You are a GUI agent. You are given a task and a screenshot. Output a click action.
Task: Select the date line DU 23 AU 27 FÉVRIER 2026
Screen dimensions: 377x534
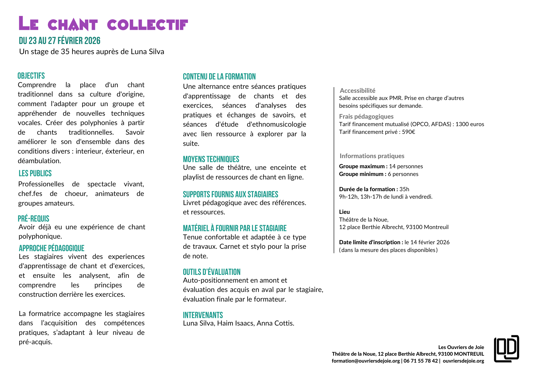coord(60,41)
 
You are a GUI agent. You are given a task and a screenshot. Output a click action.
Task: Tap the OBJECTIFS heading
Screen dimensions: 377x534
coord(31,76)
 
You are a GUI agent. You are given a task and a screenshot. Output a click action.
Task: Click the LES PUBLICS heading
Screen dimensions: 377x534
coord(35,174)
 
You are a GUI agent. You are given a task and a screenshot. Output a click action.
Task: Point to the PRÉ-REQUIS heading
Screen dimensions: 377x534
coord(33,219)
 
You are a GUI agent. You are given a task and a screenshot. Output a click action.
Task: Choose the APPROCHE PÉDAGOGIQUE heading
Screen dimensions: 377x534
coord(52,248)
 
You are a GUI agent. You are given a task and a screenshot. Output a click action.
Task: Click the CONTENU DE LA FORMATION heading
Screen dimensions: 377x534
coord(219,77)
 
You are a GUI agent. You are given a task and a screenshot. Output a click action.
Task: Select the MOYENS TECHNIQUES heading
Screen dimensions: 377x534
coord(211,159)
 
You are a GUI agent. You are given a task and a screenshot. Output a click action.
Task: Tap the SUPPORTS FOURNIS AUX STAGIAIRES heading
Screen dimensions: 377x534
coord(230,194)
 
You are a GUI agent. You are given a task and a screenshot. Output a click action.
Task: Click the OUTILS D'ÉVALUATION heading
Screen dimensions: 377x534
coord(211,272)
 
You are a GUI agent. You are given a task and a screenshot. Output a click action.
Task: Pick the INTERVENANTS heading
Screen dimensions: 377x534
coord(203,315)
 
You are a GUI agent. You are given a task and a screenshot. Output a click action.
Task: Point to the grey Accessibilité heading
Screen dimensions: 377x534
coord(358,91)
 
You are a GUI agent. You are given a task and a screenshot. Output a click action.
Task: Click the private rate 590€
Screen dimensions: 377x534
coord(408,132)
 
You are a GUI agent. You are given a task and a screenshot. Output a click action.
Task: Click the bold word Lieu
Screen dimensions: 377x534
coord(344,212)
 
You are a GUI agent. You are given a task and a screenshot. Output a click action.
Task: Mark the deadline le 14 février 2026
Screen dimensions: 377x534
coord(427,242)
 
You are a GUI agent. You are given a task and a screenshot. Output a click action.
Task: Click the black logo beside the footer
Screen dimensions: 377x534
coord(506,348)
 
